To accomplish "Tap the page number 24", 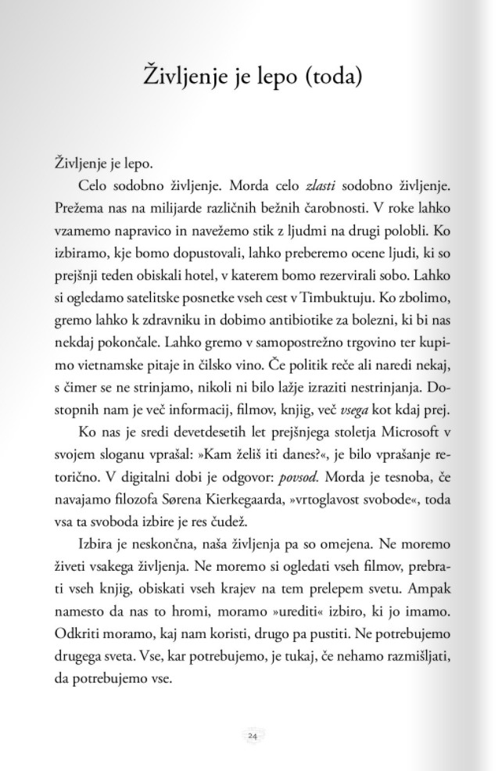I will coord(252,735).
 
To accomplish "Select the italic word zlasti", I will coord(321,186).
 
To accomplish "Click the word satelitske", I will coord(166,299).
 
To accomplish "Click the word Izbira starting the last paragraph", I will coord(98,544).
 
